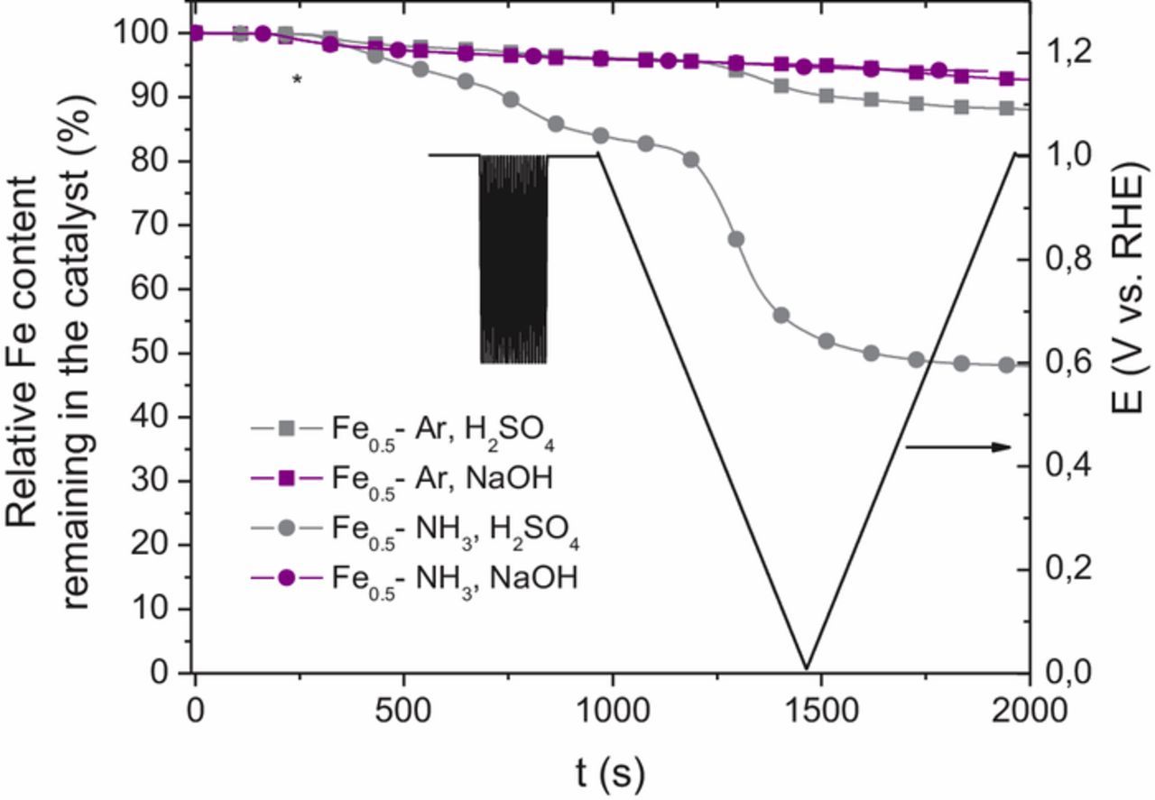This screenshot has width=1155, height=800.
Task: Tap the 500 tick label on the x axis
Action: coord(403,710)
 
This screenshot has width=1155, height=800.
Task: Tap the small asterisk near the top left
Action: coord(297,80)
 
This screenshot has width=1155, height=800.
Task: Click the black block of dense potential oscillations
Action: coord(513,259)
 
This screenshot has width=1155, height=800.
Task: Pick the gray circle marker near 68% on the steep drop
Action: coord(736,239)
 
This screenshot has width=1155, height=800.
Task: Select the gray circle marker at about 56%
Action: coord(781,316)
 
